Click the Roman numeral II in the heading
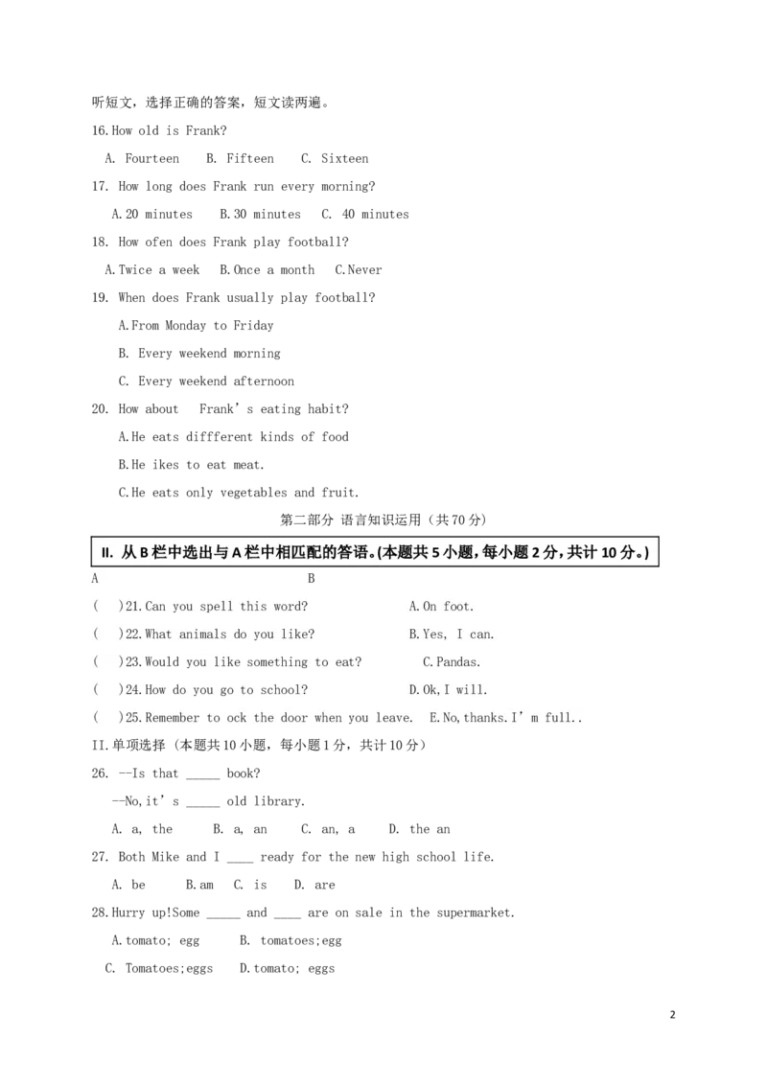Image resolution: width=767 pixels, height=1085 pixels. pos(107,553)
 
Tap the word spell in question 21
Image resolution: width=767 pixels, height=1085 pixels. pos(217,607)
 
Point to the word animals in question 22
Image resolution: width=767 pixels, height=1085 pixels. pos(201,634)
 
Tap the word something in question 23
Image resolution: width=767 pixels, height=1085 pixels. pos(277,661)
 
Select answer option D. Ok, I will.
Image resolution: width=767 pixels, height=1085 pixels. pos(449,689)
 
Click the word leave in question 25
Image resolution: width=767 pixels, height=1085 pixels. pos(393,717)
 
